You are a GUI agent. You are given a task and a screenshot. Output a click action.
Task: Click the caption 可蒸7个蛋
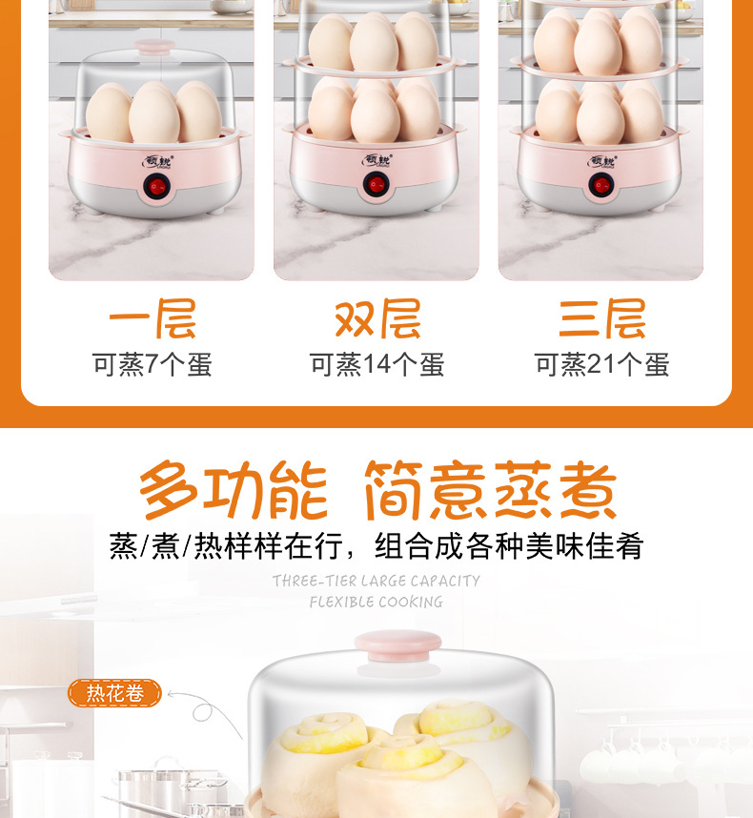click(x=152, y=364)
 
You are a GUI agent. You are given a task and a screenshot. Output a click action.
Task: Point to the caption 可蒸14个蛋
click(x=376, y=364)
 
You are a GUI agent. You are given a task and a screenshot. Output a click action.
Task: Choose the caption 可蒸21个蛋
click(x=601, y=364)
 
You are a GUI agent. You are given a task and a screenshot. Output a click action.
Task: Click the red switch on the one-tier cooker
click(x=152, y=188)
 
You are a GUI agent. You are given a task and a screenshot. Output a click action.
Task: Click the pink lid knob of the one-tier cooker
click(x=152, y=45)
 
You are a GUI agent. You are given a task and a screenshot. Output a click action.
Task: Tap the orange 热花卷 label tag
click(x=115, y=693)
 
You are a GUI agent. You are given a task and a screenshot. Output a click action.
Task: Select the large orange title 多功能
click(x=234, y=492)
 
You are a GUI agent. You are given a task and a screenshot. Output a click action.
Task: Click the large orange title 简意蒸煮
click(x=490, y=492)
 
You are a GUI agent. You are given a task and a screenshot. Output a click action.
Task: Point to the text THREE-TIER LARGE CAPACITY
click(x=376, y=581)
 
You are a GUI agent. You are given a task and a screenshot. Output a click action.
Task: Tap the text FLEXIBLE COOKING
click(x=376, y=602)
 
